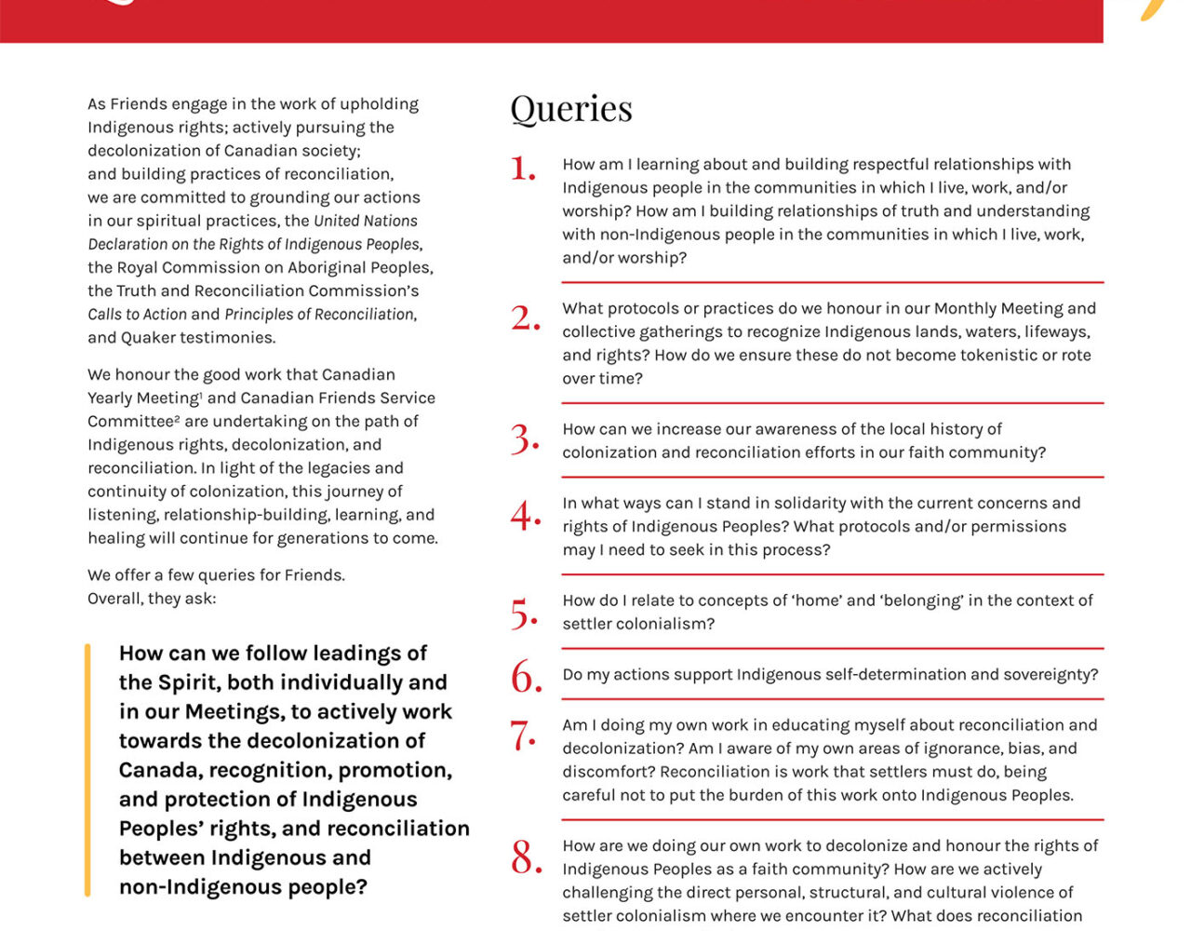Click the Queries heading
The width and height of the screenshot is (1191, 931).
[x=571, y=109]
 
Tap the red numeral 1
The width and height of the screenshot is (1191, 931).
[x=523, y=169]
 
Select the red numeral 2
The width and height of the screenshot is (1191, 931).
[x=525, y=318]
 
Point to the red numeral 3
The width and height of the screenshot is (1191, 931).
[x=525, y=439]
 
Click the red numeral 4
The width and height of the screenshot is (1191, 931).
[x=526, y=515]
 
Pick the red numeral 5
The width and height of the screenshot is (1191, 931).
[x=525, y=614]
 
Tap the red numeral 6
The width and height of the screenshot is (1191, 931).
[x=526, y=677]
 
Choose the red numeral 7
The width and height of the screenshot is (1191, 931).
[x=524, y=735]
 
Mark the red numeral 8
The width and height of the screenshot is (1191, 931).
[x=526, y=857]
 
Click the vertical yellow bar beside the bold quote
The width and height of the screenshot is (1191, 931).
[x=87, y=769]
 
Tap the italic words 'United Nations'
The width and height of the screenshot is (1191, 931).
[x=366, y=221]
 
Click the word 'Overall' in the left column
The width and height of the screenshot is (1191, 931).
[x=114, y=598]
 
